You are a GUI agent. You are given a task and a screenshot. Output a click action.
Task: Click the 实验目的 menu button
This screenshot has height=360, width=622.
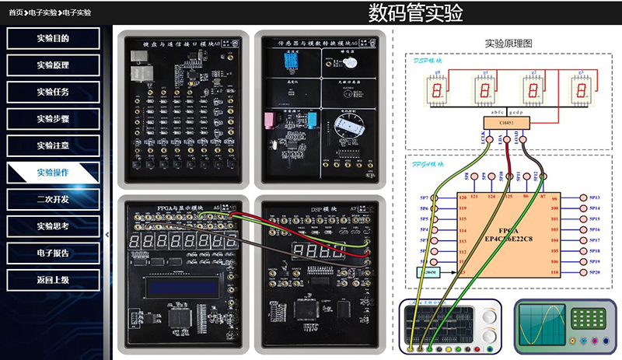(53, 38)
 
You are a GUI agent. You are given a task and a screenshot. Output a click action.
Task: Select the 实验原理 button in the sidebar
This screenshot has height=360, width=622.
(53, 65)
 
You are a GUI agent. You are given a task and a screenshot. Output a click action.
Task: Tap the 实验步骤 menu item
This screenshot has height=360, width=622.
(53, 119)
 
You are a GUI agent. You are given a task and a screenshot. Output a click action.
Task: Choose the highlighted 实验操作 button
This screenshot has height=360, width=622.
(53, 173)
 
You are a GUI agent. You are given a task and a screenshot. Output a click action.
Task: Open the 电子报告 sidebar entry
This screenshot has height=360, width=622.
(53, 253)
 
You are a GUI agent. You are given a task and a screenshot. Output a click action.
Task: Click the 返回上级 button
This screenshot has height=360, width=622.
(53, 279)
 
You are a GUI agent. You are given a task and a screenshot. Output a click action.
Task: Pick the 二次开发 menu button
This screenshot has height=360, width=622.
(53, 199)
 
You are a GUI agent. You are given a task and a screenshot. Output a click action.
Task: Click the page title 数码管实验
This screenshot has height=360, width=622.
(415, 12)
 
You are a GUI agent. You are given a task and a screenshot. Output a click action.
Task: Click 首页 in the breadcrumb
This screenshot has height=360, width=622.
(16, 12)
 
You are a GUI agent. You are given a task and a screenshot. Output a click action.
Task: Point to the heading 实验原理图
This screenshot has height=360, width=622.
(508, 44)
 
